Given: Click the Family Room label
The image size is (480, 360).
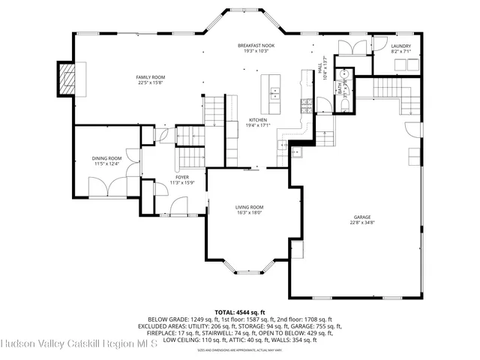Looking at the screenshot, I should (x=150, y=77).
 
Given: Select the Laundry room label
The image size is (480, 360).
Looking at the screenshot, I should (x=400, y=46).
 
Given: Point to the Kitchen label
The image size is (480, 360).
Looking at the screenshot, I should (x=258, y=119).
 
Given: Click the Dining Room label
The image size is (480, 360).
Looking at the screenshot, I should (x=106, y=158).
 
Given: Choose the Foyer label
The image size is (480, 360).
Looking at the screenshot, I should (x=182, y=177).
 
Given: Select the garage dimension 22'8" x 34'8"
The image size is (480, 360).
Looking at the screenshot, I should (x=361, y=223).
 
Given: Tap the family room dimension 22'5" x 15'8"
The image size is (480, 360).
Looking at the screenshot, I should (x=150, y=83).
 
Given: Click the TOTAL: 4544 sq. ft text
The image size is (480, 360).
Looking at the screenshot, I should (x=240, y=311).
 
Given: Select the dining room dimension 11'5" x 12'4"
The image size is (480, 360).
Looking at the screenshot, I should (x=106, y=164).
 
